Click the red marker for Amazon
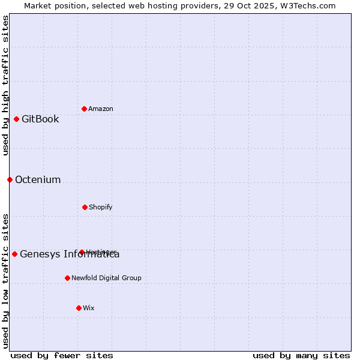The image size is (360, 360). (84, 109)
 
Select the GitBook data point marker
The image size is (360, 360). (16, 119)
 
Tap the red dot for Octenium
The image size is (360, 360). (10, 179)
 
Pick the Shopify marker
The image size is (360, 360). (85, 207)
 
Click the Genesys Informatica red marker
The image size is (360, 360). (14, 254)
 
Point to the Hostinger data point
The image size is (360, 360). (82, 252)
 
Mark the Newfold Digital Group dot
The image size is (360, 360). (67, 278)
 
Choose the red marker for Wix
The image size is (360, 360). (79, 308)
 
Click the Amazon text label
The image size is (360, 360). (101, 109)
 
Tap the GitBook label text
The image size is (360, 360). (40, 119)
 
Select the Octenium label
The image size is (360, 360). (38, 179)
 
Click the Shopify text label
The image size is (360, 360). (101, 207)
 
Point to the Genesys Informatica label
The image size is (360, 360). (70, 254)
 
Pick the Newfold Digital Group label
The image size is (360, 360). (106, 278)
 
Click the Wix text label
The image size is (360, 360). (89, 308)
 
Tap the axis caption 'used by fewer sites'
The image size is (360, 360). (62, 355)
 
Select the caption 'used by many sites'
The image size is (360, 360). (301, 355)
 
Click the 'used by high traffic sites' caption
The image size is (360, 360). (5, 85)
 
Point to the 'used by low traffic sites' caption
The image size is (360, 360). (5, 280)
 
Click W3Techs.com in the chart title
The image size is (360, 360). (306, 6)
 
